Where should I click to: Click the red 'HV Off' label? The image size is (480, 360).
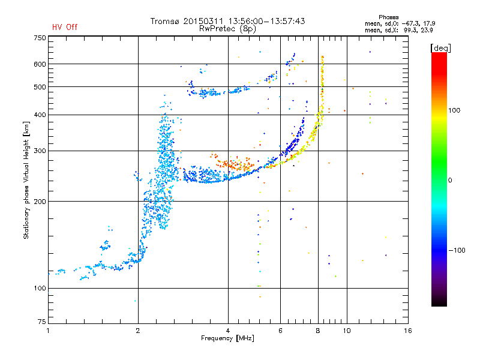(65, 27)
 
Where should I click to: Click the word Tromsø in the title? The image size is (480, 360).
(166, 21)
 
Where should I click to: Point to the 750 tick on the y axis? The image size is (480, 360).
(39, 38)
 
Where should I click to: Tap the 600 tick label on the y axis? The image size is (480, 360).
(39, 64)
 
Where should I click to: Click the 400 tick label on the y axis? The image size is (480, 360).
(39, 115)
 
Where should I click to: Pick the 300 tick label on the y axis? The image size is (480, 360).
(39, 151)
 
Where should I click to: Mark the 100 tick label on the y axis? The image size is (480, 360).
(39, 289)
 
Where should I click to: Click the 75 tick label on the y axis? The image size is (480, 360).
(41, 323)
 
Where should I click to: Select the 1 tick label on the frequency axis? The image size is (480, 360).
(48, 331)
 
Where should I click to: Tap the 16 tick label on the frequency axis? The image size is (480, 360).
(408, 331)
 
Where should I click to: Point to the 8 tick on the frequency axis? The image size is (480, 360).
(318, 331)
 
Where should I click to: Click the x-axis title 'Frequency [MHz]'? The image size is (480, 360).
(227, 338)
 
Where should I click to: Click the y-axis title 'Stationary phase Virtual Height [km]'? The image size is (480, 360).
(26, 180)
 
